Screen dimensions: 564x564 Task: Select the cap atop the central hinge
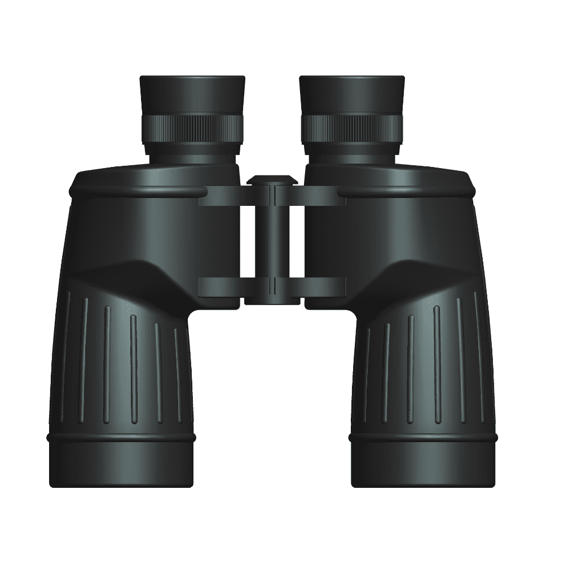coord(272,180)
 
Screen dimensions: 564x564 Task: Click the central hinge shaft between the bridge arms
coord(272,243)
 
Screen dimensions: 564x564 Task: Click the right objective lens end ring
coord(423,465)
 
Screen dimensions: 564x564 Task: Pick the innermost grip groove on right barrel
coord(365,375)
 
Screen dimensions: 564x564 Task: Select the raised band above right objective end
coord(423,438)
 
